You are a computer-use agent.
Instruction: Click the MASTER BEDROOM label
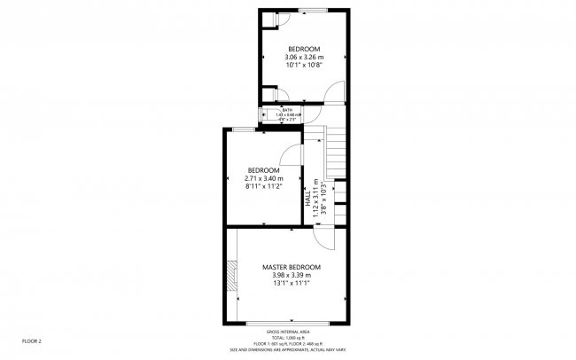(291, 267)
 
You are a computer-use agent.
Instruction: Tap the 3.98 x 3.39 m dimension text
(291, 276)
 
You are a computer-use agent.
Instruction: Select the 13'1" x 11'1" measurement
(291, 285)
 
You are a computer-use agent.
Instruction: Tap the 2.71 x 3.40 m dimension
(263, 179)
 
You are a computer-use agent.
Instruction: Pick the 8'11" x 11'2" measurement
(263, 187)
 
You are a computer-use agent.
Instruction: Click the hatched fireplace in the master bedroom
(232, 276)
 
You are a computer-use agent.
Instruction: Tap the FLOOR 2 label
(32, 340)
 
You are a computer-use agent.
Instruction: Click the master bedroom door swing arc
(325, 239)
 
